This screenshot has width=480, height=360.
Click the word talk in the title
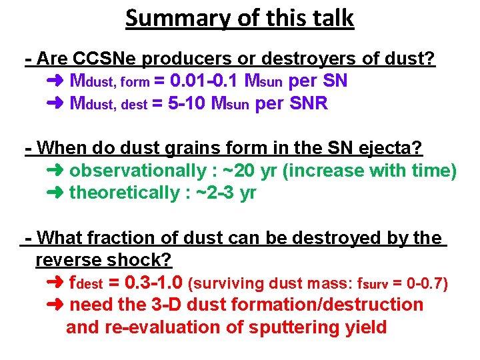coord(329,18)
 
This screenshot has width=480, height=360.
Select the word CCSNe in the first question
coord(101,59)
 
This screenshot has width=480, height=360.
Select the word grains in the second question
coord(198,148)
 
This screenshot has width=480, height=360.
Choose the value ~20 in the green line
coord(237,171)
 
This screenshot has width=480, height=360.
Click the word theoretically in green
coord(123,193)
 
